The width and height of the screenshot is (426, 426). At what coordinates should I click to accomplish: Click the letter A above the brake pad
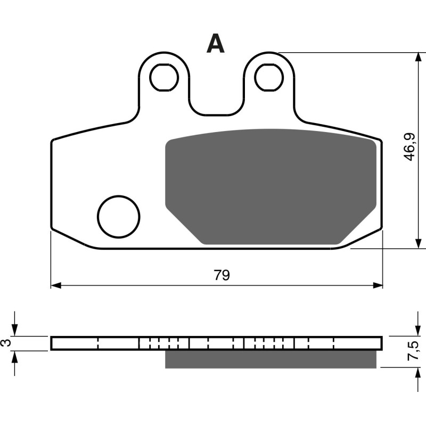tap(216, 44)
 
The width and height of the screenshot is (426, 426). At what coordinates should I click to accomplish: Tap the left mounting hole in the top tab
tap(163, 78)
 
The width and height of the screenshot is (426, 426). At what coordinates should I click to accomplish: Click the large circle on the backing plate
tap(118, 217)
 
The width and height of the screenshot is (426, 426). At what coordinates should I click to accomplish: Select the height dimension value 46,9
tap(409, 148)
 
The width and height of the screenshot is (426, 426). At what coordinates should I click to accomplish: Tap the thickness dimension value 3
tap(6, 343)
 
